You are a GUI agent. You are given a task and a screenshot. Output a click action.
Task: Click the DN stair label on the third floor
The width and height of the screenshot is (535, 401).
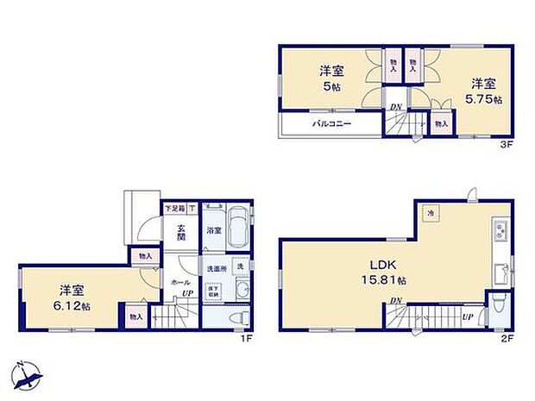click(x=395, y=107)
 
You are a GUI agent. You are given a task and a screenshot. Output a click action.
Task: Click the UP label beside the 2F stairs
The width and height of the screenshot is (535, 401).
click(x=467, y=316)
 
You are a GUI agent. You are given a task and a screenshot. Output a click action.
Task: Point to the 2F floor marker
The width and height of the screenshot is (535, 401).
click(x=508, y=339)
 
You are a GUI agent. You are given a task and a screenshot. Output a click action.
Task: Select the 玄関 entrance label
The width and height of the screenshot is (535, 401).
click(x=182, y=233)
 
